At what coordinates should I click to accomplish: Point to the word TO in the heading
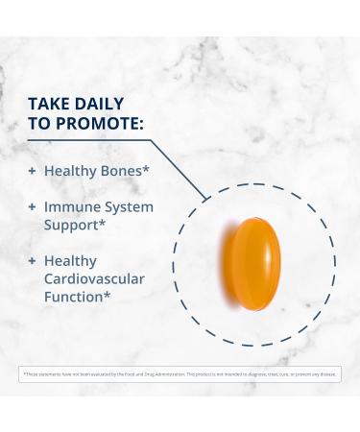41,125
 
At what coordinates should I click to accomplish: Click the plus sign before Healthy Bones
32,170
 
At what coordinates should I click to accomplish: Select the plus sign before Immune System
32,206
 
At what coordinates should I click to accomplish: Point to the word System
128,206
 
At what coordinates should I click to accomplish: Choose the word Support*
74,226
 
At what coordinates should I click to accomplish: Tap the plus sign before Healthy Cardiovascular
32,261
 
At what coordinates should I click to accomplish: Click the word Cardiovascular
94,279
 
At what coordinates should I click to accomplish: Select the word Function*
76,298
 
